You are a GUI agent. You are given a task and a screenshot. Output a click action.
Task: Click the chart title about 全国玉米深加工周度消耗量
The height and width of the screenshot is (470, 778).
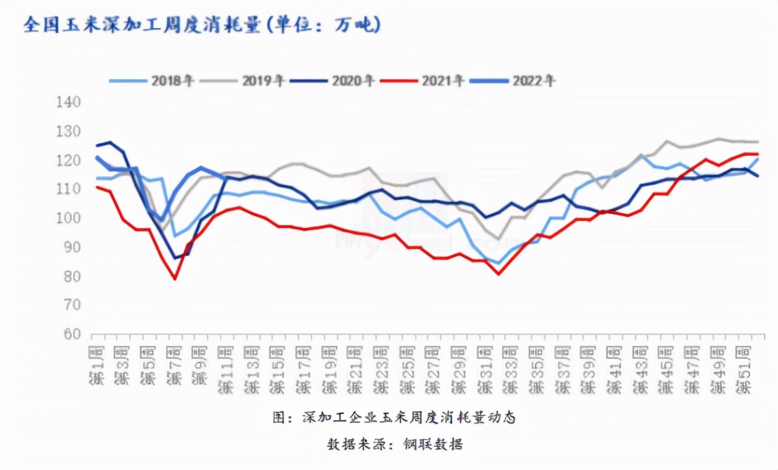[x=202, y=25]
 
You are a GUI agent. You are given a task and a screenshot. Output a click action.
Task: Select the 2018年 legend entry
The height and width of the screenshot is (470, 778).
[x=152, y=81]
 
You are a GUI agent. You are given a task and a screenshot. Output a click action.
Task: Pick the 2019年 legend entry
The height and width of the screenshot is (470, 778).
[x=242, y=81]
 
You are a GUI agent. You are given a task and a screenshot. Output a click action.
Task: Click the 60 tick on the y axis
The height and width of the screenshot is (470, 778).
[x=70, y=334]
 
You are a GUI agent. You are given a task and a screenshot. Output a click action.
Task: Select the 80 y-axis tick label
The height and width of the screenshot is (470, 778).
[x=70, y=276]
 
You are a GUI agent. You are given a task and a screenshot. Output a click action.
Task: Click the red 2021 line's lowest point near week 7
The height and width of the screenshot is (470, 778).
[x=175, y=279]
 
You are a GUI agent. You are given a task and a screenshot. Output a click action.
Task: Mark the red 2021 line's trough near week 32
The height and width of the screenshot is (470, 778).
[x=499, y=274]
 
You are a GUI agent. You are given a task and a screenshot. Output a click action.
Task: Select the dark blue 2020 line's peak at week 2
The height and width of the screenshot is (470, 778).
[x=111, y=142]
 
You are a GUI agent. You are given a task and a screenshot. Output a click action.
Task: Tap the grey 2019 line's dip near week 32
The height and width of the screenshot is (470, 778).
[x=499, y=239]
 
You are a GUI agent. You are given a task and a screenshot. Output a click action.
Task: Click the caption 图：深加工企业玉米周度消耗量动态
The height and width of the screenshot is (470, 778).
[x=394, y=417]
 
